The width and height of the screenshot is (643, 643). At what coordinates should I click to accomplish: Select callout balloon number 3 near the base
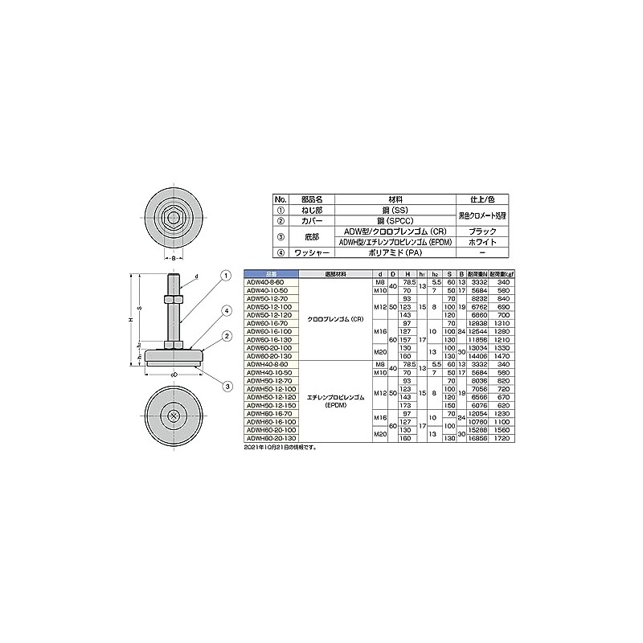coord(227,387)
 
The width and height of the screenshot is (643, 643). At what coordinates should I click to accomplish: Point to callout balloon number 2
coord(227,336)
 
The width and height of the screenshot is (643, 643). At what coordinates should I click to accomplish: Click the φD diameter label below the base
coord(174,375)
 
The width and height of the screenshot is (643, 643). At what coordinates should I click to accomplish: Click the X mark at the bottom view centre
coord(174,415)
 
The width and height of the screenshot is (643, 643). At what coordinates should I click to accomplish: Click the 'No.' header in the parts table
coord(280,198)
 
